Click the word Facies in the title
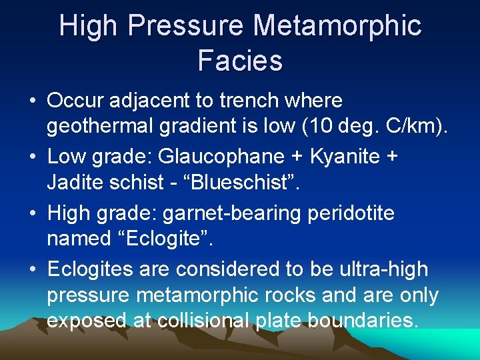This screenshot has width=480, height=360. (x=240, y=61)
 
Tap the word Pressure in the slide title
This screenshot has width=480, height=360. (x=191, y=27)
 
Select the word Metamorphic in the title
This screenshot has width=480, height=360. (x=338, y=27)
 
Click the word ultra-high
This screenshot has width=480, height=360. (x=384, y=269)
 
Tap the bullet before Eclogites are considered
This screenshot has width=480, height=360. (x=32, y=270)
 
